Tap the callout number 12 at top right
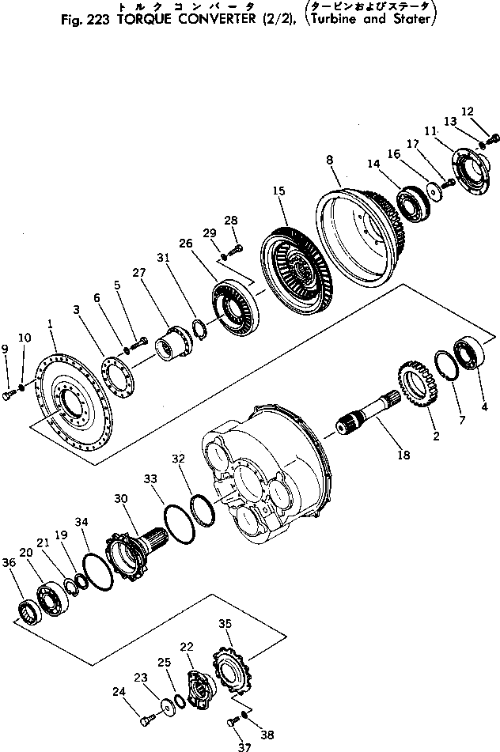click(x=488, y=111)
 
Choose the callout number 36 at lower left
click(x=9, y=562)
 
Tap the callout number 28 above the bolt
click(x=230, y=220)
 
